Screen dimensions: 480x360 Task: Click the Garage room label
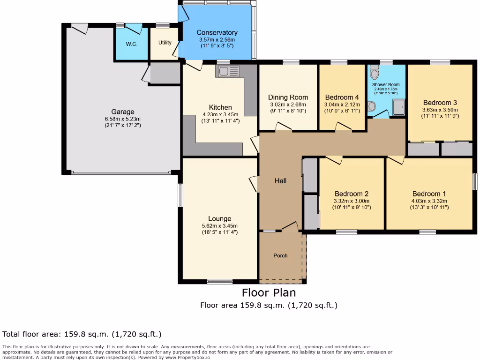click(x=123, y=112)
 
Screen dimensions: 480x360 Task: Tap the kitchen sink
click(x=228, y=71)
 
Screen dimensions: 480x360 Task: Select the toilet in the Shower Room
click(x=374, y=72)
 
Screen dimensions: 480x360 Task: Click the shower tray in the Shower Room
click(x=399, y=107)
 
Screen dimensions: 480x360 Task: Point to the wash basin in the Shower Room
click(x=372, y=106)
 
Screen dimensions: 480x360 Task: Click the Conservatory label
click(x=217, y=32)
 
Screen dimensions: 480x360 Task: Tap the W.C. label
click(x=132, y=44)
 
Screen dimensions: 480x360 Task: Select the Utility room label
click(x=165, y=43)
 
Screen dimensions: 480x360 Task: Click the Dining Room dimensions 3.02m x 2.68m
click(x=288, y=105)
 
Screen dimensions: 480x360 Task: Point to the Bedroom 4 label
click(x=342, y=97)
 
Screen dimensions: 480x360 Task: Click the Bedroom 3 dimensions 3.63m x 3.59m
click(x=440, y=110)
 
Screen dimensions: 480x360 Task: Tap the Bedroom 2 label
click(x=352, y=194)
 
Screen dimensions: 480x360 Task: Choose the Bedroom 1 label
click(x=429, y=194)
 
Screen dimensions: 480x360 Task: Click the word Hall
click(x=280, y=181)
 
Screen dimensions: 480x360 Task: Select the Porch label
click(x=280, y=255)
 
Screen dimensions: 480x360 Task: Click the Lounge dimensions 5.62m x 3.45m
click(x=220, y=226)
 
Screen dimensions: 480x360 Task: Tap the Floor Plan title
click(x=269, y=292)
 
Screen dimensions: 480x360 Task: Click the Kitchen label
click(x=220, y=107)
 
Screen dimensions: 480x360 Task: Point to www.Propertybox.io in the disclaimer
click(x=187, y=357)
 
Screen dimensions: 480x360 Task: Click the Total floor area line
click(x=82, y=334)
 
